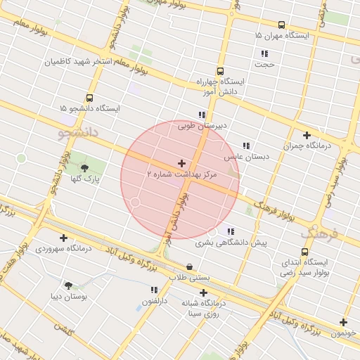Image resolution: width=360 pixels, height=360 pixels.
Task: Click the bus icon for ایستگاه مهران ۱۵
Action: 282,25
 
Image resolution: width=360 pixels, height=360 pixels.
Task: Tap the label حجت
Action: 264,64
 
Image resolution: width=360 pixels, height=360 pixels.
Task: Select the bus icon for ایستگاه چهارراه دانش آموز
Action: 221,71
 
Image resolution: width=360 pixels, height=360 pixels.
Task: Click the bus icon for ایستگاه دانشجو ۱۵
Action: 89,98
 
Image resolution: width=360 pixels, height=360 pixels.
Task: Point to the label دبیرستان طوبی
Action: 202,127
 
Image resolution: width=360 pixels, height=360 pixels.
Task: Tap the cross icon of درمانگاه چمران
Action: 307,135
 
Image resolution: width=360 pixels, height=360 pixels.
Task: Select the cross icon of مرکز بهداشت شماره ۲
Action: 182,163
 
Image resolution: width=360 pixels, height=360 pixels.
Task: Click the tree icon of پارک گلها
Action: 85,168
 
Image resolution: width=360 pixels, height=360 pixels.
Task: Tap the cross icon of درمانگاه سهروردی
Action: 64,238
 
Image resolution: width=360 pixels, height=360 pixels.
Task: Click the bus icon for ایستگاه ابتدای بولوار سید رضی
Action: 304,252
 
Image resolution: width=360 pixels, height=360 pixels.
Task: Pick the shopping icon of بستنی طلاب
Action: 190,267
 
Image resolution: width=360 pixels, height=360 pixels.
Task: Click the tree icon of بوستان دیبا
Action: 68,285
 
